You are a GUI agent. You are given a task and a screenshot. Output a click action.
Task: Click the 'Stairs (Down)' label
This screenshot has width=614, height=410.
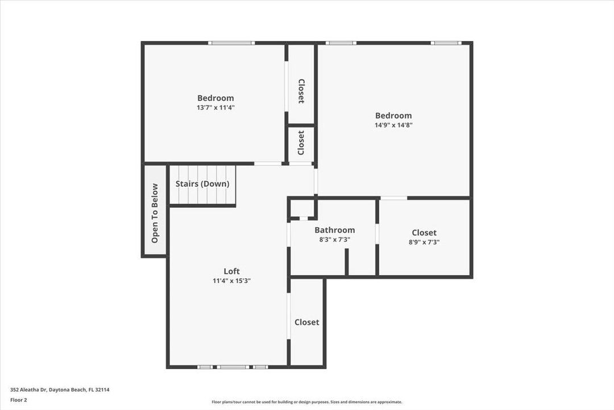[202, 184]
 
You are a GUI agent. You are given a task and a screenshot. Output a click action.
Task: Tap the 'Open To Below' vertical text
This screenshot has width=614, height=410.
[155, 213]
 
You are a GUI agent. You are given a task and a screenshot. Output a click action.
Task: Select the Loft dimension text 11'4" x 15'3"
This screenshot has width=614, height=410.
[231, 281]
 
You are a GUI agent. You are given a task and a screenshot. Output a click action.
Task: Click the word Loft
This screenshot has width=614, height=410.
[231, 271]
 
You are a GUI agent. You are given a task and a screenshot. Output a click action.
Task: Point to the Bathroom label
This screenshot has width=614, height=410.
[334, 230]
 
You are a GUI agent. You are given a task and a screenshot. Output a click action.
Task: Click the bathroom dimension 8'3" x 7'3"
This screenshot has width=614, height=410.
[334, 240]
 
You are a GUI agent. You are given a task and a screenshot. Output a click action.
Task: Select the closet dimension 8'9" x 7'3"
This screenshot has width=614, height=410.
[424, 242]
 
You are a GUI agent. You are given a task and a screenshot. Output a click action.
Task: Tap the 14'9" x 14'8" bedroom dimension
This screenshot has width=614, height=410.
[393, 125]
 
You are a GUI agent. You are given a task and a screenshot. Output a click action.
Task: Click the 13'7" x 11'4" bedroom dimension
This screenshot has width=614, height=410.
[215, 107]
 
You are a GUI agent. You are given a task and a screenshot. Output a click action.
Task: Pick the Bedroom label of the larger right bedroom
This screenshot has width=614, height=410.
[393, 116]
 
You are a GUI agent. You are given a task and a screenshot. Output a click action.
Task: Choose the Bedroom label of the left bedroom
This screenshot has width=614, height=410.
[215, 98]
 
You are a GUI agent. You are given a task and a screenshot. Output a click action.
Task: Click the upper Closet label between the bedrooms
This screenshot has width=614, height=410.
[301, 91]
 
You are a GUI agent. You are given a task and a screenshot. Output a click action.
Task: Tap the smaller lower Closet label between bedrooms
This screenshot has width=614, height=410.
[301, 142]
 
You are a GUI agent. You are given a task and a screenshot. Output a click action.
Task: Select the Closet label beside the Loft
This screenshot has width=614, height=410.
[306, 322]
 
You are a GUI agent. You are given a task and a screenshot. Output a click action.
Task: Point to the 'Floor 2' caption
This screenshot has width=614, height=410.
[18, 400]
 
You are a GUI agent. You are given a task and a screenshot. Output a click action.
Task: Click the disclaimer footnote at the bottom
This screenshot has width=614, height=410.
[306, 402]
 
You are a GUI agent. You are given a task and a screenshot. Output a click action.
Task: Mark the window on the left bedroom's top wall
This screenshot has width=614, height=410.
[231, 43]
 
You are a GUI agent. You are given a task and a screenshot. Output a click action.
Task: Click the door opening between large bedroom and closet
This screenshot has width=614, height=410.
[393, 198]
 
